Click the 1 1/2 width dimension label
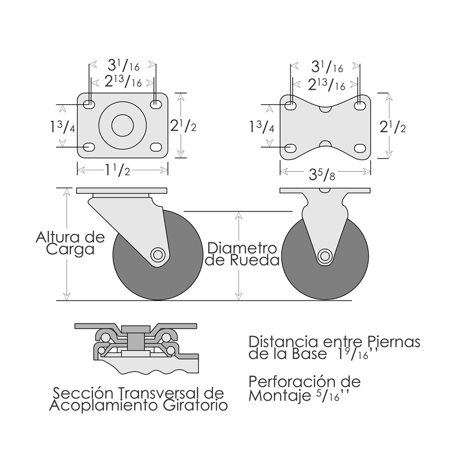(117, 170)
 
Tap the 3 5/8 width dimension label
(322, 174)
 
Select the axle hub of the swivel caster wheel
(158, 254)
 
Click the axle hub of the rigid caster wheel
(325, 256)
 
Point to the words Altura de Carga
(70, 243)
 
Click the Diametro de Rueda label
(242, 254)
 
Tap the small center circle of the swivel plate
(122, 125)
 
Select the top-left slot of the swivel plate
(89, 104)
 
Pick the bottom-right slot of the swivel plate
(156, 147)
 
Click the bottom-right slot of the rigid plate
(360, 148)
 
